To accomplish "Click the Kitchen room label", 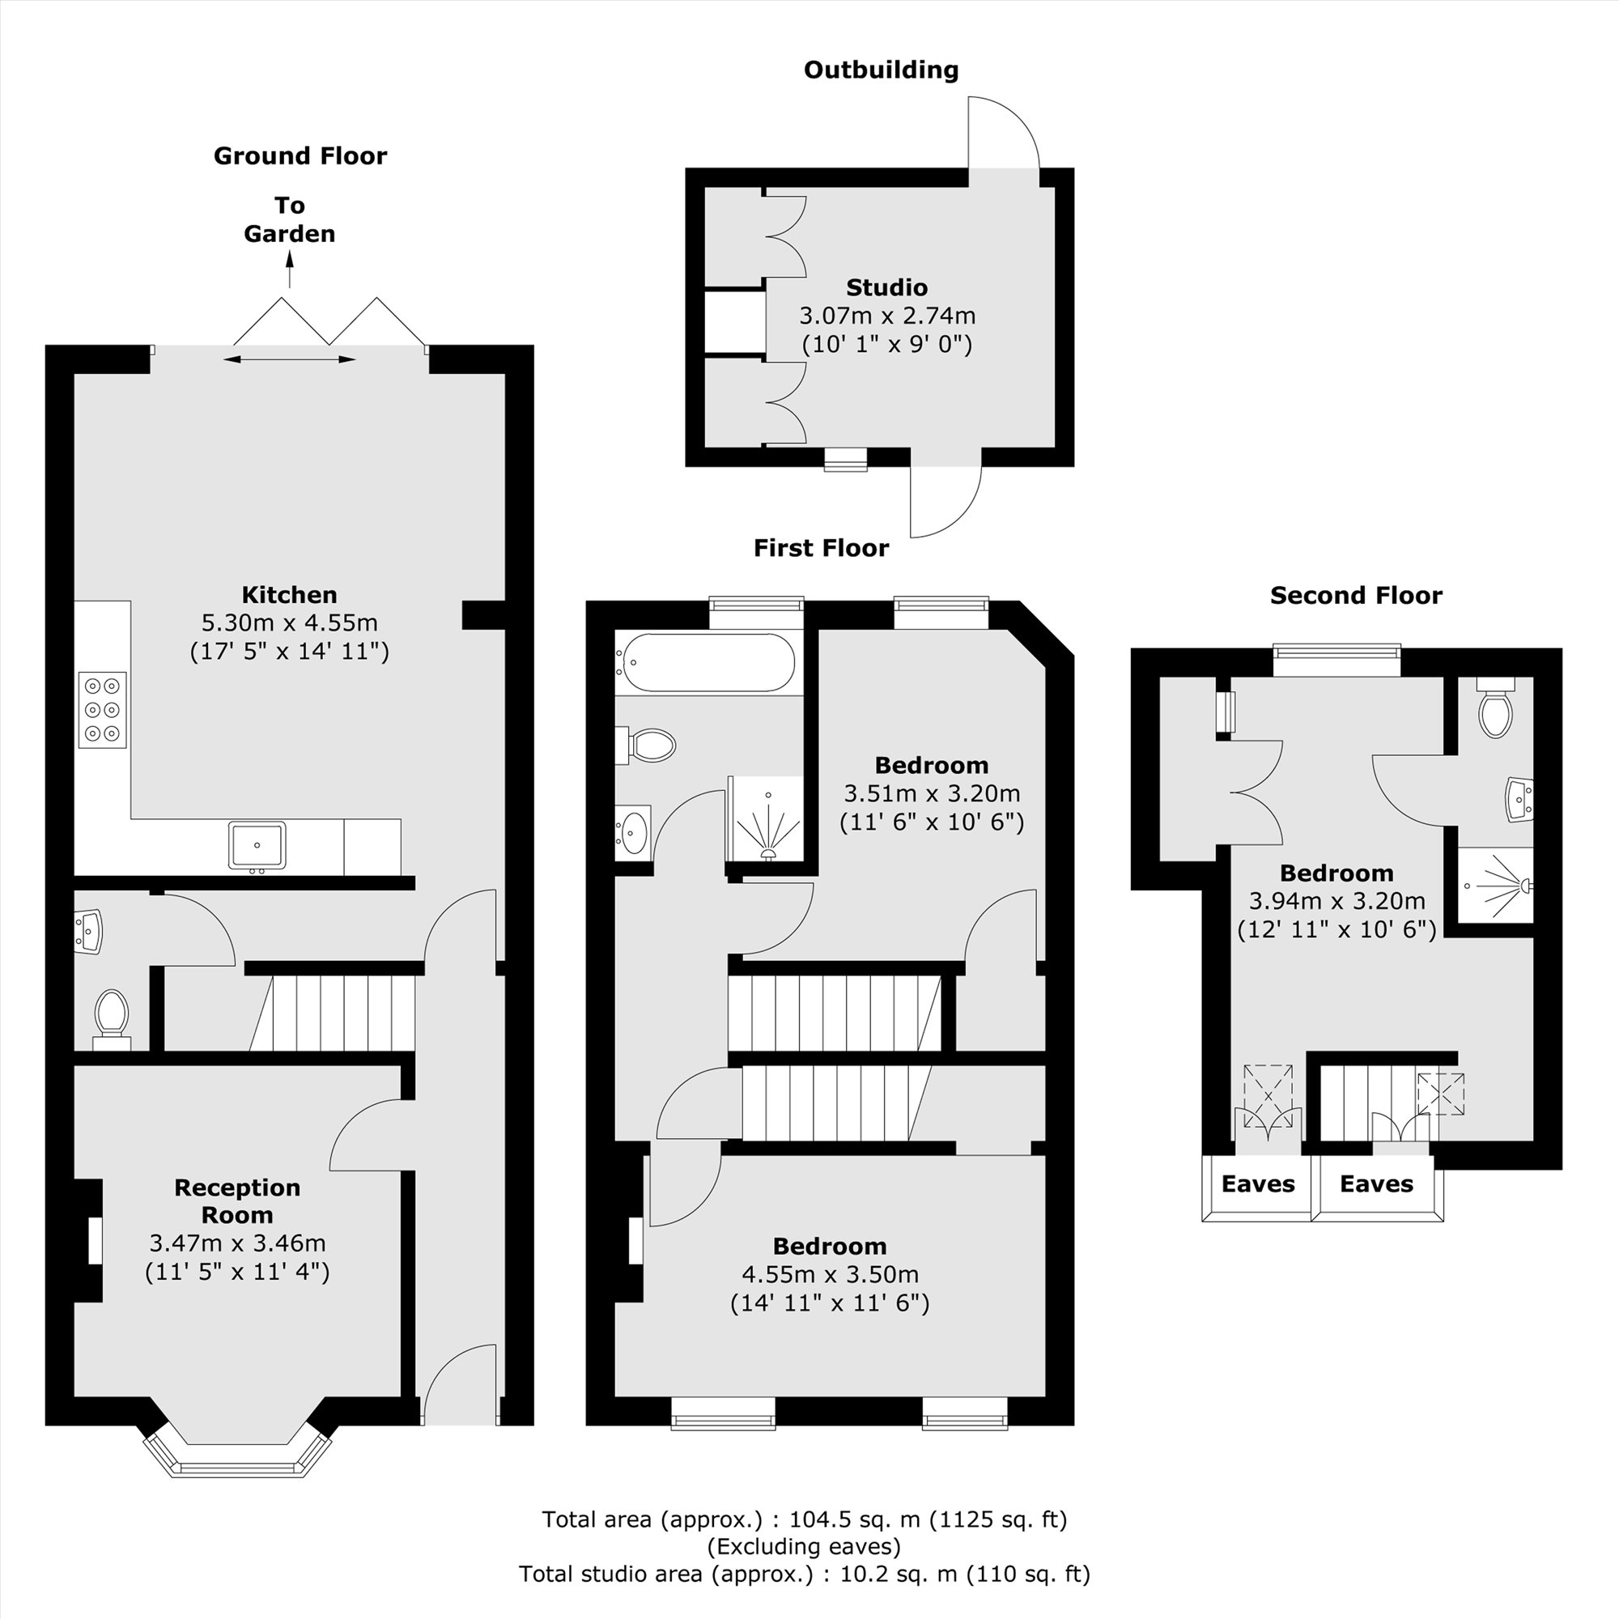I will (x=289, y=595).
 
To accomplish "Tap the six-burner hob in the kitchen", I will (x=102, y=710).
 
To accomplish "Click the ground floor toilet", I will (x=111, y=1016).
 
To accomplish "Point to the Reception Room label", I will (x=237, y=1200).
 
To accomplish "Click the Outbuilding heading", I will (x=881, y=70).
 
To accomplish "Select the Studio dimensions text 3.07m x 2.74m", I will (x=886, y=316).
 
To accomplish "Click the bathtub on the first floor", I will (x=706, y=662).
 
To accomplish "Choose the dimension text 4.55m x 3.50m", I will (x=830, y=1275).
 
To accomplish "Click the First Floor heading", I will (x=820, y=548).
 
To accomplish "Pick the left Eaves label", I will (x=1257, y=1184).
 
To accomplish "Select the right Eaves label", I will (x=1376, y=1184).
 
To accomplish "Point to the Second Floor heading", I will (x=1356, y=596).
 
